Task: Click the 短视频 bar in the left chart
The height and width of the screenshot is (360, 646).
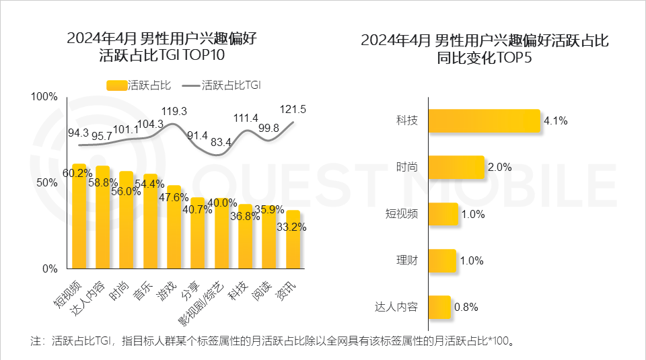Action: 79,219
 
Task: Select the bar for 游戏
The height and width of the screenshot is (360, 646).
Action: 174,229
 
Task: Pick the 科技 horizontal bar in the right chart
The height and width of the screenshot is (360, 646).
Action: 484,121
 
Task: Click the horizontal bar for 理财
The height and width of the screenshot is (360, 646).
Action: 441,260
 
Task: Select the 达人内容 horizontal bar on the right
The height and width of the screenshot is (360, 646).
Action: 439,307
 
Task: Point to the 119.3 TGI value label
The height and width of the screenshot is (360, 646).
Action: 174,110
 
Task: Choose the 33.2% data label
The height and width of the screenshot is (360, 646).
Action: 291,227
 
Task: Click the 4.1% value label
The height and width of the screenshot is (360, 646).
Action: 556,122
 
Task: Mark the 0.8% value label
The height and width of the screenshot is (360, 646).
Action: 466,308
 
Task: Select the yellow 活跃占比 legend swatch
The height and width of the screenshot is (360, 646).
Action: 116,85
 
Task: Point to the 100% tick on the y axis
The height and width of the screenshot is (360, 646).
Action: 44,97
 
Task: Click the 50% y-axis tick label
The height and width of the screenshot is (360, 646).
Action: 47,183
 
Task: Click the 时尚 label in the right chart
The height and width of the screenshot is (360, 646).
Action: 406,168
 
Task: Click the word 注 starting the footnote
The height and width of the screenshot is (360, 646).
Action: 36,340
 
